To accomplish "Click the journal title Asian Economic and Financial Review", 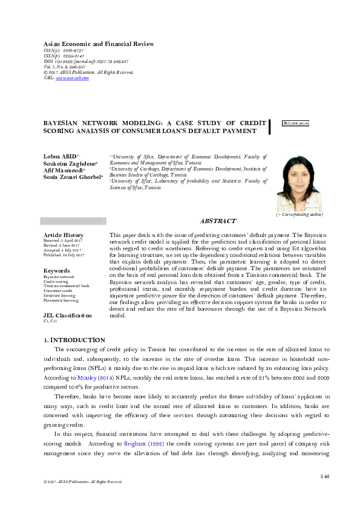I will pyautogui.click(x=99, y=44).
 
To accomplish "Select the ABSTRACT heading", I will pyautogui.click(x=217, y=222).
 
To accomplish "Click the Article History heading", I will pyautogui.click(x=64, y=235).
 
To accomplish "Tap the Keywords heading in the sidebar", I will pyautogui.click(x=57, y=271).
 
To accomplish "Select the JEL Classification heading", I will pyautogui.click(x=68, y=315).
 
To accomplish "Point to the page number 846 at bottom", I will pyautogui.click(x=324, y=477).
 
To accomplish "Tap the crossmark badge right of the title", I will pyautogui.click(x=295, y=122).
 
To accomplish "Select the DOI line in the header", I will pyautogui.click(x=87, y=62).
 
